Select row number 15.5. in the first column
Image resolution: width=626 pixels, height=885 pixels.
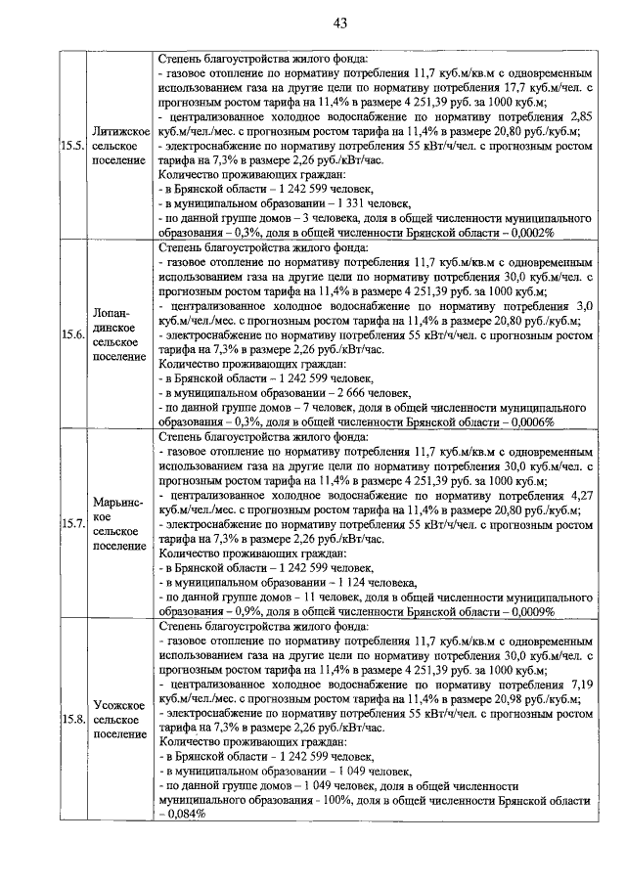click(70, 146)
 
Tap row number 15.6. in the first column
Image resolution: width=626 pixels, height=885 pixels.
click(70, 334)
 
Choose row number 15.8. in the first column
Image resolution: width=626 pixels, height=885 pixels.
click(70, 721)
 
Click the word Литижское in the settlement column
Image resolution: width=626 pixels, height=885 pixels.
click(118, 131)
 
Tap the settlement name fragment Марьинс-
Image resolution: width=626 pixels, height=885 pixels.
click(118, 502)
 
